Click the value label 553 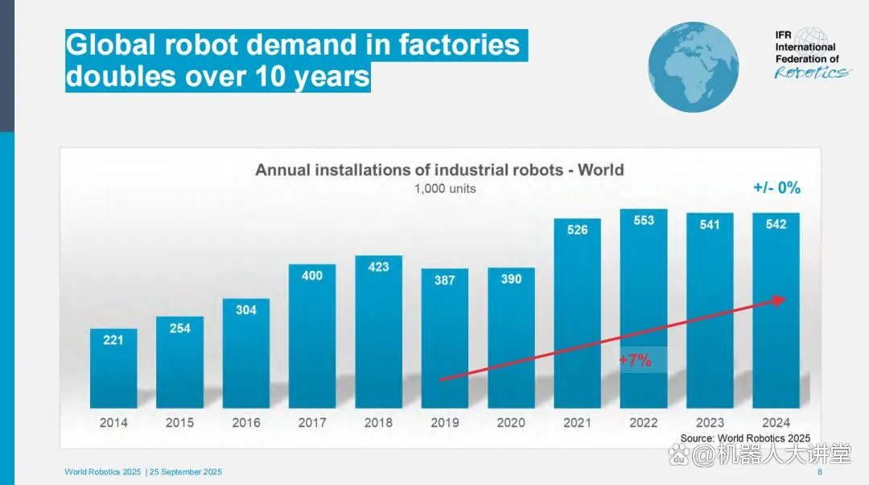(x=644, y=220)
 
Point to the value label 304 (x=246, y=309)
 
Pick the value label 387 (x=444, y=280)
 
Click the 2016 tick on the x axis (x=245, y=422)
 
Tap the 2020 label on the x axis (x=511, y=422)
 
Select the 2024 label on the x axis (x=776, y=422)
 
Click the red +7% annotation (x=636, y=360)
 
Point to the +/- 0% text (x=776, y=188)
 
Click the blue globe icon (x=694, y=67)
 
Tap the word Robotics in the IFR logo (x=810, y=73)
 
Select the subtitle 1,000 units (x=445, y=189)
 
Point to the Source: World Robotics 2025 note (x=745, y=438)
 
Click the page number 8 (x=819, y=472)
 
